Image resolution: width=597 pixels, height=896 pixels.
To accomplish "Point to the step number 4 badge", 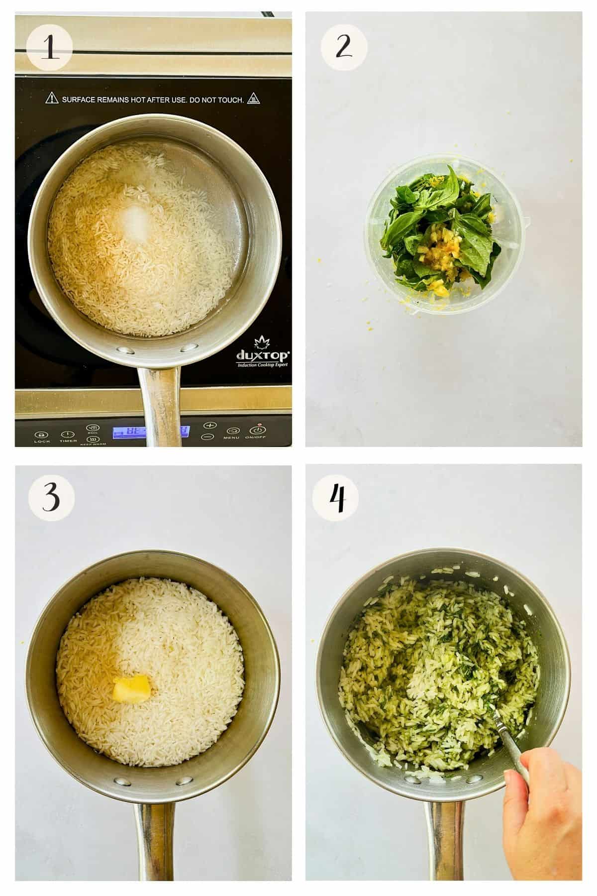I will (x=338, y=496).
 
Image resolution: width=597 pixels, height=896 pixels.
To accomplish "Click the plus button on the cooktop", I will (x=210, y=425).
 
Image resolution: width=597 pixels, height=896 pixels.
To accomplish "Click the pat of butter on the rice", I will (x=131, y=690).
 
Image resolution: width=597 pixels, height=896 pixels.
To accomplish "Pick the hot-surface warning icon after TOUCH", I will (x=255, y=98).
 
